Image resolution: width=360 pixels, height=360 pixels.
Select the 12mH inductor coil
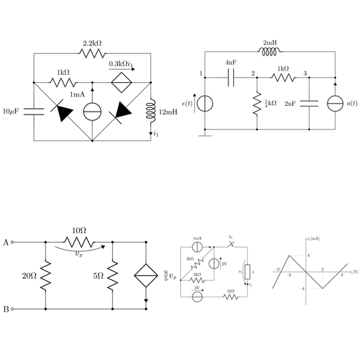point(152,112)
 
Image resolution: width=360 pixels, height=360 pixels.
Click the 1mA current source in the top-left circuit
point(92,112)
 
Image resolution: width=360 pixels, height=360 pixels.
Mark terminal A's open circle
point(14,242)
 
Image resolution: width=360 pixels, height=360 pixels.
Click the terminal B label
point(6,310)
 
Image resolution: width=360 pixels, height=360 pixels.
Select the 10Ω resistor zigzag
point(79,242)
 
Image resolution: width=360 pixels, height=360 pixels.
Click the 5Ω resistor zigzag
point(113,275)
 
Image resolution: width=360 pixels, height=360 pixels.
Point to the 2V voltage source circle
point(213,264)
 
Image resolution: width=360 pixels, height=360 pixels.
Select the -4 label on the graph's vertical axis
point(302,289)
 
